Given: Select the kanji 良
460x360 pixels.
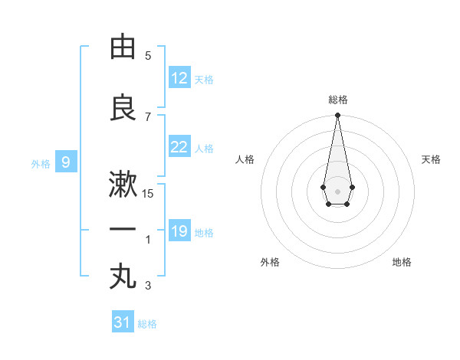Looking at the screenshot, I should click(x=123, y=108).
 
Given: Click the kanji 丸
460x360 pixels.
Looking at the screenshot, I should click(x=123, y=277).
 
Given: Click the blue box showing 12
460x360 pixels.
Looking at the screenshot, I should click(x=179, y=78).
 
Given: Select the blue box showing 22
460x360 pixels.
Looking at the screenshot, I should click(x=179, y=147).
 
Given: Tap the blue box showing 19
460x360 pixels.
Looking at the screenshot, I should click(x=179, y=231).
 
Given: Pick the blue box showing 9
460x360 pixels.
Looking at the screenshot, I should click(x=66, y=162).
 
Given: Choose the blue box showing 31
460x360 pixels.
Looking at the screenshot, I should click(x=123, y=322).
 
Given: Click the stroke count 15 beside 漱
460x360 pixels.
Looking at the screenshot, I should click(x=148, y=194).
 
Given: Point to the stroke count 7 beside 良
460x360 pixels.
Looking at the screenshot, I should click(x=148, y=116).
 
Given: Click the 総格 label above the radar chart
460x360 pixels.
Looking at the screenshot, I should click(x=337, y=100).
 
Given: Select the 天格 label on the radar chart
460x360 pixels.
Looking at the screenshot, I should click(x=432, y=159).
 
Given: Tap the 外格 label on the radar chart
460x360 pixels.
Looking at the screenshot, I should click(x=270, y=262).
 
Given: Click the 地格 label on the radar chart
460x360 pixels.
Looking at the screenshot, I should click(x=402, y=262).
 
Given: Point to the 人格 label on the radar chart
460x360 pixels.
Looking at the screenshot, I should click(x=245, y=159).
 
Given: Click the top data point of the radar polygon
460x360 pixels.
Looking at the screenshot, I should click(x=337, y=115).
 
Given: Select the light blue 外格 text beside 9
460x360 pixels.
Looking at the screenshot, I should click(x=40, y=163).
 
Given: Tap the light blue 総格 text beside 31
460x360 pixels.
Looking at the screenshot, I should click(x=147, y=323).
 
